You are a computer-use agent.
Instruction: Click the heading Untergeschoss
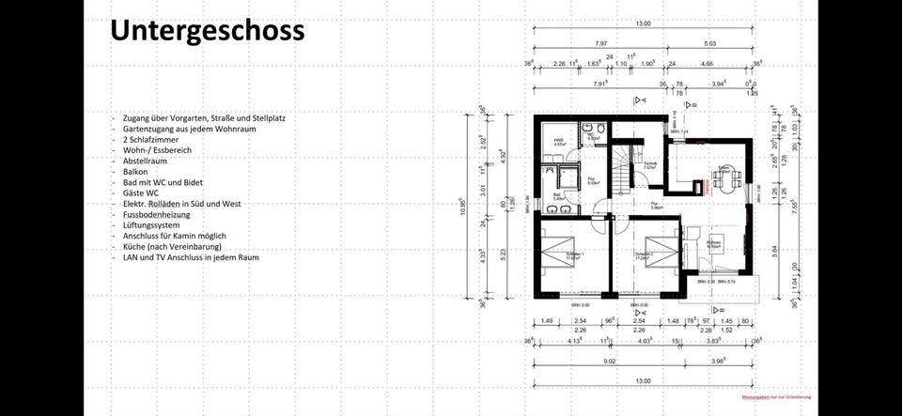pos(207,30)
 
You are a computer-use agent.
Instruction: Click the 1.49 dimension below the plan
pos(546,320)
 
